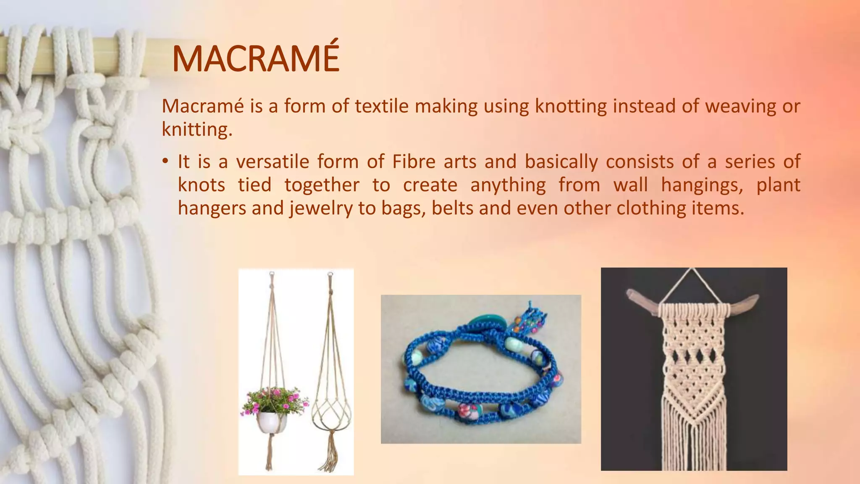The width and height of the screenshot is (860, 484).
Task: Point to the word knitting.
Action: click(x=197, y=129)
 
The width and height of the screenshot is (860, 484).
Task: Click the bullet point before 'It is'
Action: click(x=165, y=161)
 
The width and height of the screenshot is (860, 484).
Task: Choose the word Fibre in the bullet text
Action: click(x=414, y=162)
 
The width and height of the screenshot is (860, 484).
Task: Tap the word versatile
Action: click(x=273, y=162)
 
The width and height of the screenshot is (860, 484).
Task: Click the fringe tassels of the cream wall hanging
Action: click(x=693, y=441)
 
